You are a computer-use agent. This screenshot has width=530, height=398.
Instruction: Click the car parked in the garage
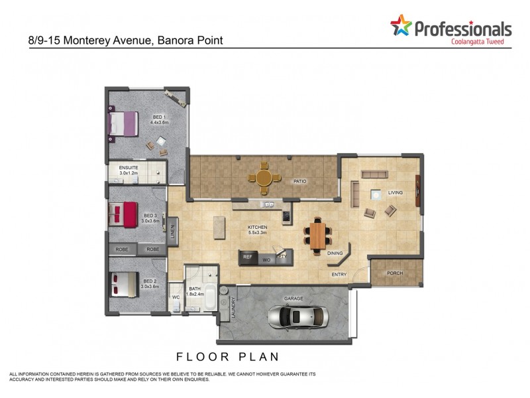click(298, 317)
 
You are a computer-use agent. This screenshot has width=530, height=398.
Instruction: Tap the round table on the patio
click(264, 178)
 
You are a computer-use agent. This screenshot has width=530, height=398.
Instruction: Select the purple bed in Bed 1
click(123, 125)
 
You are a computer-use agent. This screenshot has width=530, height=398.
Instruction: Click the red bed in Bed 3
click(123, 214)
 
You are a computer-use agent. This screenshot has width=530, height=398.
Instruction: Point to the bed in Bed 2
click(123, 285)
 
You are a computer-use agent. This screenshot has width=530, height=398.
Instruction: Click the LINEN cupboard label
click(172, 232)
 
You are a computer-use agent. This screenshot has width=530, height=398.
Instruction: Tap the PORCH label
click(395, 273)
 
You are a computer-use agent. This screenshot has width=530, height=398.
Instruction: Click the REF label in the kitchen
click(248, 256)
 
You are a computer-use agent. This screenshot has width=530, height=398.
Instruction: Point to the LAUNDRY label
click(225, 308)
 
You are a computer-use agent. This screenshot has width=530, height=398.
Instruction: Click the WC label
click(175, 297)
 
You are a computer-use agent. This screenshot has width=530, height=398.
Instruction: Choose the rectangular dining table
click(318, 235)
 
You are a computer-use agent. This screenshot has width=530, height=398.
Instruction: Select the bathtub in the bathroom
click(209, 297)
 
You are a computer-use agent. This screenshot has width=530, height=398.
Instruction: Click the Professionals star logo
click(400, 27)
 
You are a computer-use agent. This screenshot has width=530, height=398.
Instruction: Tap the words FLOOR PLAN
click(227, 356)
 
